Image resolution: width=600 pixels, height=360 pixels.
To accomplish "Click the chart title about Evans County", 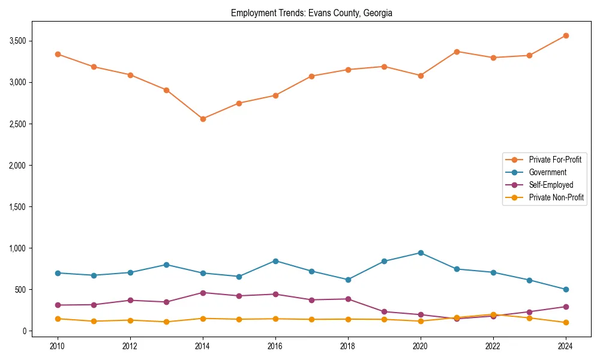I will [x=311, y=13].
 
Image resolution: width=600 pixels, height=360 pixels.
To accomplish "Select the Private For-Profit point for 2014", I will [x=203, y=119].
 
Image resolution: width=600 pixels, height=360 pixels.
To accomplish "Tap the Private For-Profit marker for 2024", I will [x=566, y=35].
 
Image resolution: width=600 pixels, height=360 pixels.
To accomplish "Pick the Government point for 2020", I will [x=421, y=253].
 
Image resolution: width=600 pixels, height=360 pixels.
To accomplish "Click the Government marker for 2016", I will [x=275, y=261].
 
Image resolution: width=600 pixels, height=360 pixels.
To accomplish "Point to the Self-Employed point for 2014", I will [x=203, y=293].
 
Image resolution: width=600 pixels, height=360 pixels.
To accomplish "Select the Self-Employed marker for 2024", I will [x=566, y=307].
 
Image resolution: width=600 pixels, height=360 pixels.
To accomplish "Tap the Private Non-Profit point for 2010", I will [x=58, y=319].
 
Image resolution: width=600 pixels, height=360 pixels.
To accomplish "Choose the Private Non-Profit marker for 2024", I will [x=566, y=323].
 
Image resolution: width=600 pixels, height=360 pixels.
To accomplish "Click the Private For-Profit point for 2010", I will [x=58, y=54].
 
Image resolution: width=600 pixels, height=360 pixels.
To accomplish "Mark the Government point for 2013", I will [x=167, y=265].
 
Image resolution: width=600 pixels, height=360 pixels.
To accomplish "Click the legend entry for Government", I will [x=547, y=172].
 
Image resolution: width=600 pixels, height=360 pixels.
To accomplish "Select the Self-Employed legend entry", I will [x=551, y=185].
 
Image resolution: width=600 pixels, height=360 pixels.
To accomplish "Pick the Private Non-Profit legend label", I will [x=556, y=197].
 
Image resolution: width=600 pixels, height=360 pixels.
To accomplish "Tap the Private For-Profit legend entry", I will [x=555, y=160].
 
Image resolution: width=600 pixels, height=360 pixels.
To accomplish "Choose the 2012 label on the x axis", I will [x=130, y=346].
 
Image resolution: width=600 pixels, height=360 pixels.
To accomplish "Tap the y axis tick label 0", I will [x=25, y=331].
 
